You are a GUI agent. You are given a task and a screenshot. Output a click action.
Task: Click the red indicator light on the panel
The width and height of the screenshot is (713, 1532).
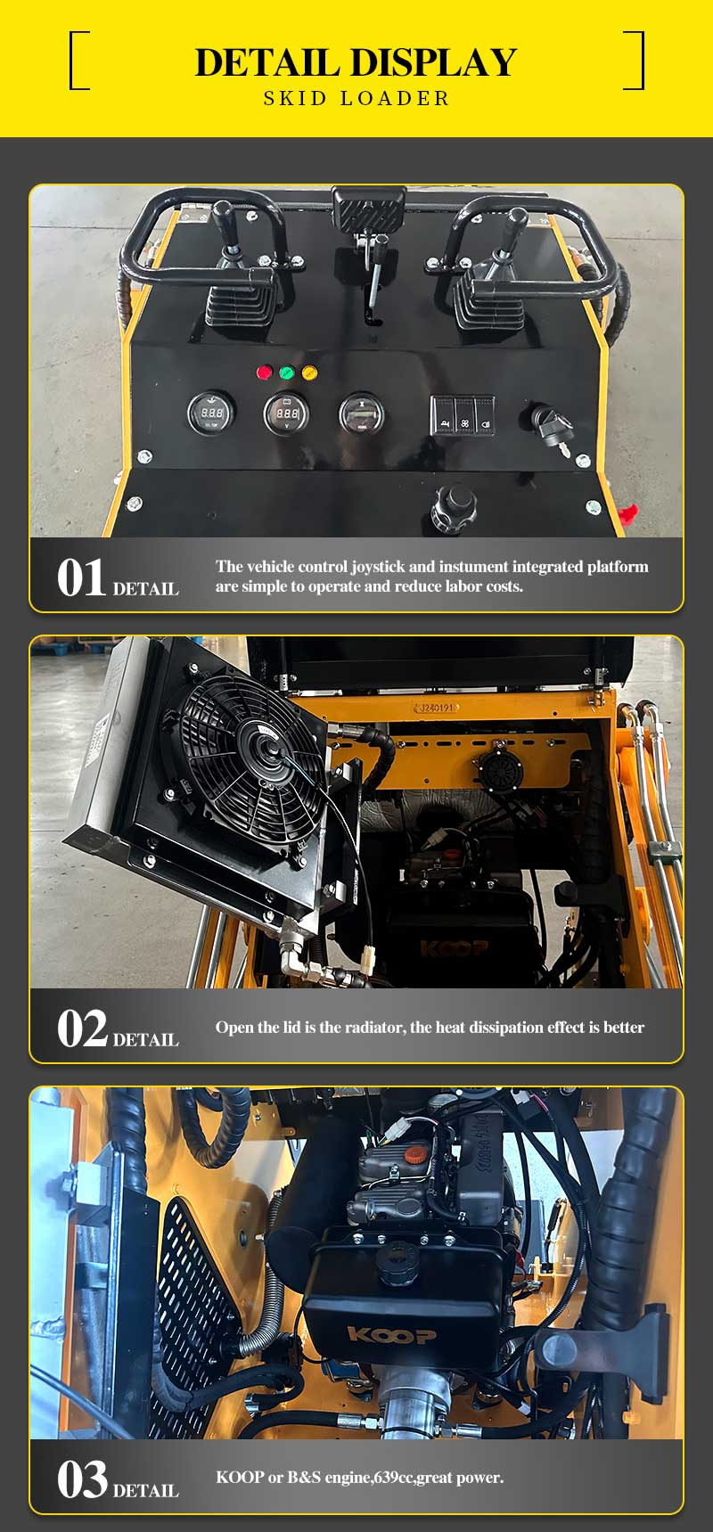tap(264, 373)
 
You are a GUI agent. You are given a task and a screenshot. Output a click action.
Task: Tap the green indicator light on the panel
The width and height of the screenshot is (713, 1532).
tap(287, 373)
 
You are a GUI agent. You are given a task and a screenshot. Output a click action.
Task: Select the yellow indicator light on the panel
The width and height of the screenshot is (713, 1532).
tap(309, 373)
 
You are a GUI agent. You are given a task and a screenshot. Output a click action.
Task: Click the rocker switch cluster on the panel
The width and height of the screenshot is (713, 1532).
tap(463, 415)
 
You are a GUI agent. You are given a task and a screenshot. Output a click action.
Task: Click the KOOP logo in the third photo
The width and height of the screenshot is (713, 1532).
tap(392, 1334)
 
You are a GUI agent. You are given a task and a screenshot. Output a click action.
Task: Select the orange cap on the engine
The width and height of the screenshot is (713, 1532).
tap(414, 1155)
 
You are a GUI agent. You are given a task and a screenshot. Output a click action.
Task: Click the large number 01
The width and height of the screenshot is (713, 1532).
tap(82, 578)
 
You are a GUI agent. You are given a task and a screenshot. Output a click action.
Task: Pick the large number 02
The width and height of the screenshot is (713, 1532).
tap(82, 1028)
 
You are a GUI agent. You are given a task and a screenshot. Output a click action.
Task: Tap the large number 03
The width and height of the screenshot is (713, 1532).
tap(82, 1479)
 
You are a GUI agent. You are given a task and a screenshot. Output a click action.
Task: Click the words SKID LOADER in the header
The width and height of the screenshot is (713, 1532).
tap(356, 98)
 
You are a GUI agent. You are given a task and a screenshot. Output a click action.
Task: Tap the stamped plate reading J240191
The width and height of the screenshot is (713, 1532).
tap(438, 708)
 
